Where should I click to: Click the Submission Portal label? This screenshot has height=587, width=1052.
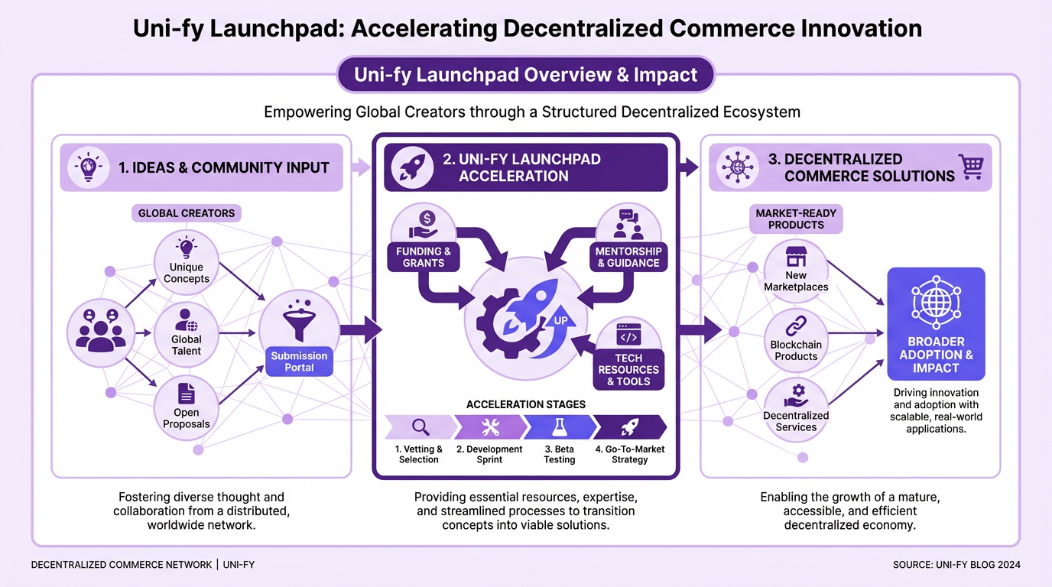(x=299, y=362)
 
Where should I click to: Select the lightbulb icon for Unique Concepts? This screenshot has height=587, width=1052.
(x=187, y=247)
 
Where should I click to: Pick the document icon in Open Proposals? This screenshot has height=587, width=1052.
(x=187, y=394)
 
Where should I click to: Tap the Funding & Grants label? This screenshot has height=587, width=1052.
(x=424, y=257)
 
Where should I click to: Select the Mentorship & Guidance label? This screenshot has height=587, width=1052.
(x=628, y=257)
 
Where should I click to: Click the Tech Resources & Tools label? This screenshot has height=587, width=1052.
(x=628, y=370)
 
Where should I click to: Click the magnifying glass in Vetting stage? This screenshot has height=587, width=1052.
(x=420, y=426)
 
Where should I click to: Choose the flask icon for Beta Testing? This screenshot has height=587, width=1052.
(x=559, y=426)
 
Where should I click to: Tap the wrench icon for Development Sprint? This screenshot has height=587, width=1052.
(x=489, y=426)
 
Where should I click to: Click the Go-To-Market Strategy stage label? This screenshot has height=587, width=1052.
(x=630, y=455)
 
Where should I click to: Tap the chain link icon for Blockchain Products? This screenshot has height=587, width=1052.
(x=796, y=324)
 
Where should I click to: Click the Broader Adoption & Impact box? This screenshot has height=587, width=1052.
(x=936, y=324)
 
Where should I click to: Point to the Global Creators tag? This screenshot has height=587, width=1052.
(x=187, y=213)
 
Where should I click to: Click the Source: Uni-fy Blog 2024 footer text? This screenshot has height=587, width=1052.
(x=956, y=565)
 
